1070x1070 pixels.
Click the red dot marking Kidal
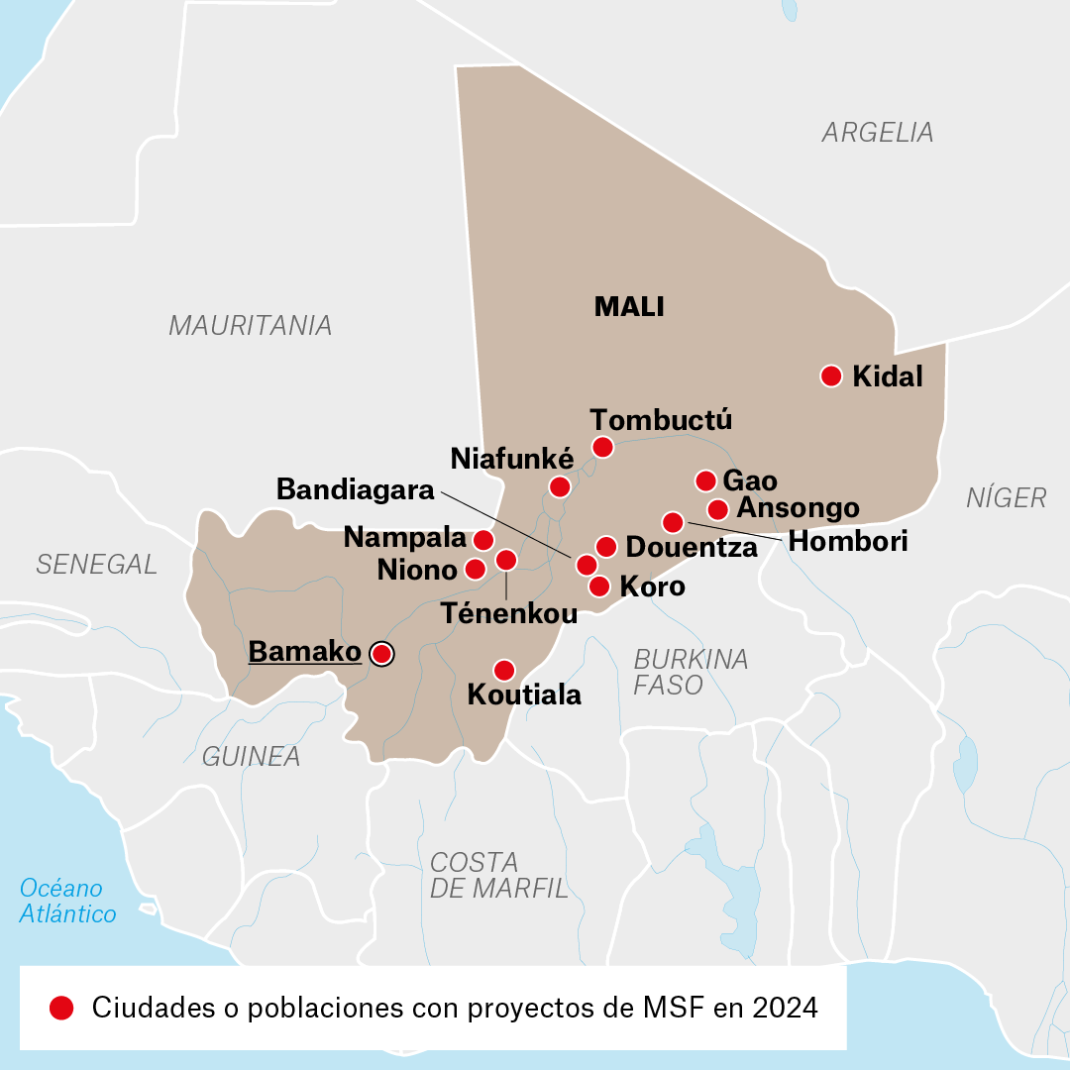point(831,375)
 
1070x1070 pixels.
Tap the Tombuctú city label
point(660,419)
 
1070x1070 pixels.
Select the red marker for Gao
point(705,481)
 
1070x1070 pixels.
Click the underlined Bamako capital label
point(304,652)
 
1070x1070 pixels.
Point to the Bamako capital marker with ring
point(380,653)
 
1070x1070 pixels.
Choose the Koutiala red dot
point(504,670)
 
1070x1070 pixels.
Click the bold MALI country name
point(629,307)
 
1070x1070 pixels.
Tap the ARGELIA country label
point(878,132)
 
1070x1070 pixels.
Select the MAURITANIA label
point(250,325)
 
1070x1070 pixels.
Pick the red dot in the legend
point(61,1008)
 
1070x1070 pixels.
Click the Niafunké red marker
point(560,486)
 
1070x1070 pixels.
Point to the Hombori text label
point(847,542)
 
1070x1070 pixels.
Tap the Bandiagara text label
point(356,489)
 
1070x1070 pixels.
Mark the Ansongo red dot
point(718,509)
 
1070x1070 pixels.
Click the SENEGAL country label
point(96,564)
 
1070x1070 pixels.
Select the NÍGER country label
point(1006,497)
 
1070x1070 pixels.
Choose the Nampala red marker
point(482,539)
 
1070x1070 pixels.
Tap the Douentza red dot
point(606,546)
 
